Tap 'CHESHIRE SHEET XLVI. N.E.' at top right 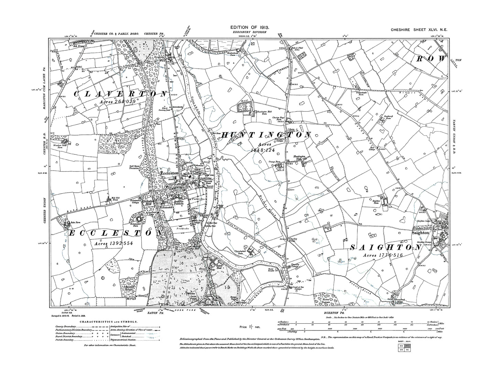click(419, 31)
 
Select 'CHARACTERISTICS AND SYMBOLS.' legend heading click(109, 322)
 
